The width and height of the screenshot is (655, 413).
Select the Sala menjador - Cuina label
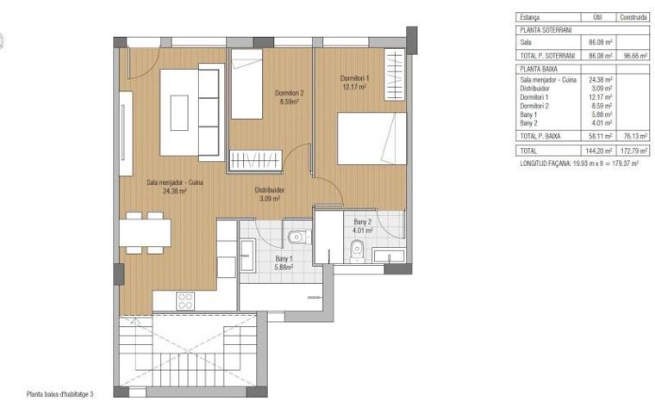174,186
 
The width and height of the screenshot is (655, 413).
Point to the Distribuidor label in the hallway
270,194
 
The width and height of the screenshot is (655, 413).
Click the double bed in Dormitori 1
371,138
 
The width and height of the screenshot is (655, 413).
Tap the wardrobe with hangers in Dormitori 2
257,159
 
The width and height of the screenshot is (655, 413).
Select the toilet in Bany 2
358,250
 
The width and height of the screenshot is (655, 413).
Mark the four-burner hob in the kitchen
184,300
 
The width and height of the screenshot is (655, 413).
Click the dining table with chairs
145,232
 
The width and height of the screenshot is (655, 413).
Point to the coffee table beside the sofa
179,112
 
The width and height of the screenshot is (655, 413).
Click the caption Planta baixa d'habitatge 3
59,394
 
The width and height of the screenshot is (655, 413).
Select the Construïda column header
633,16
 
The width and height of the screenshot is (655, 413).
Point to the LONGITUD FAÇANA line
578,162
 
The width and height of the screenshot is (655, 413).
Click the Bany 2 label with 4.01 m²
359,225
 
